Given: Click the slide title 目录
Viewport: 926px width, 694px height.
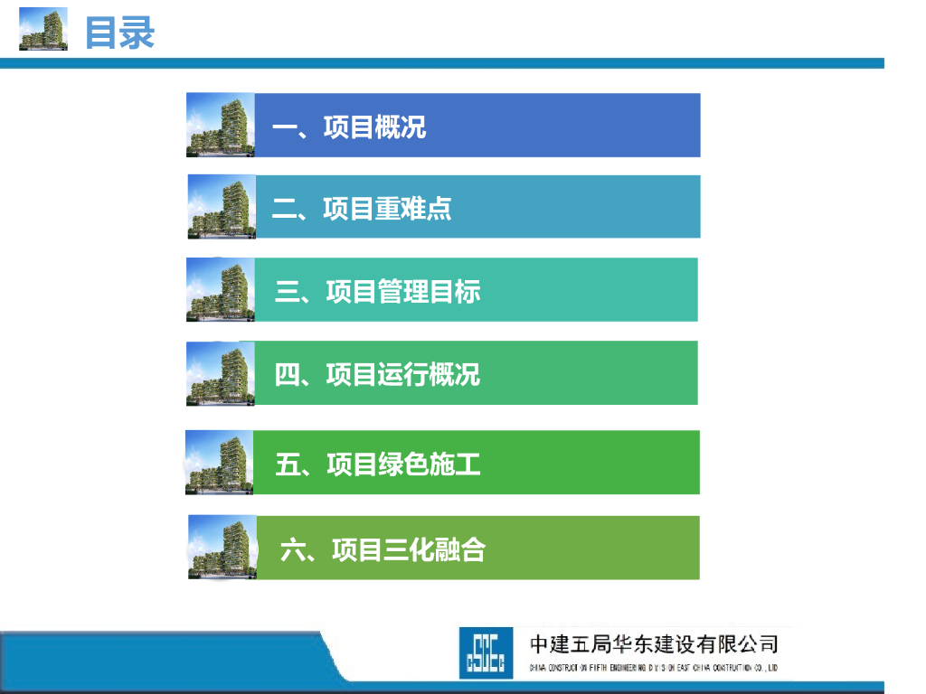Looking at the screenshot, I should coord(119,33).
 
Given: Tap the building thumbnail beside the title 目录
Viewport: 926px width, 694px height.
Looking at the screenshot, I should coord(43,29).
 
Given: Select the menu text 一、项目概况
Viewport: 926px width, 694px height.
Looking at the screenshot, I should coord(349,127).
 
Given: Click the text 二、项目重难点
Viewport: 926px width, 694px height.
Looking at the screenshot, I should coord(362,209).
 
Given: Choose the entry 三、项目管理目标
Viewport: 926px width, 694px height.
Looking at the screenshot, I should coord(377,291).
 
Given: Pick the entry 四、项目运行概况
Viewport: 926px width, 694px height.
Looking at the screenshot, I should coord(377,373).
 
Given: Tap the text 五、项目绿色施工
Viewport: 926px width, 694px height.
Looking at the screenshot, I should coord(377,464).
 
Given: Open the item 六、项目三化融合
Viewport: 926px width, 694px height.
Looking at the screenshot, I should coord(383,549).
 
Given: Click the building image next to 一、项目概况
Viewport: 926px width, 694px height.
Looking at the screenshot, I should coord(220,125).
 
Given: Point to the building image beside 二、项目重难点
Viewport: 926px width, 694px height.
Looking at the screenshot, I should coord(222,207).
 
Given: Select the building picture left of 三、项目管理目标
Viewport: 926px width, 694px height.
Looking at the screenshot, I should coord(220,290).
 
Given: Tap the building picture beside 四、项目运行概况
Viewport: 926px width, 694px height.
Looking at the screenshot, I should coord(220,373).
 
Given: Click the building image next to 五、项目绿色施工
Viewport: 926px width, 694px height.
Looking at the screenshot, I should coord(219,463).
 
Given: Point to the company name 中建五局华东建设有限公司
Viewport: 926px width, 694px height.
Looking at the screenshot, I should coord(653,644).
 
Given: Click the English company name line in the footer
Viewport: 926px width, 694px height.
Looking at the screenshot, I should coord(653,668).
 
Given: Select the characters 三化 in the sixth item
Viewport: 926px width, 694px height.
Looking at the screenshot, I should coord(409,549).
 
